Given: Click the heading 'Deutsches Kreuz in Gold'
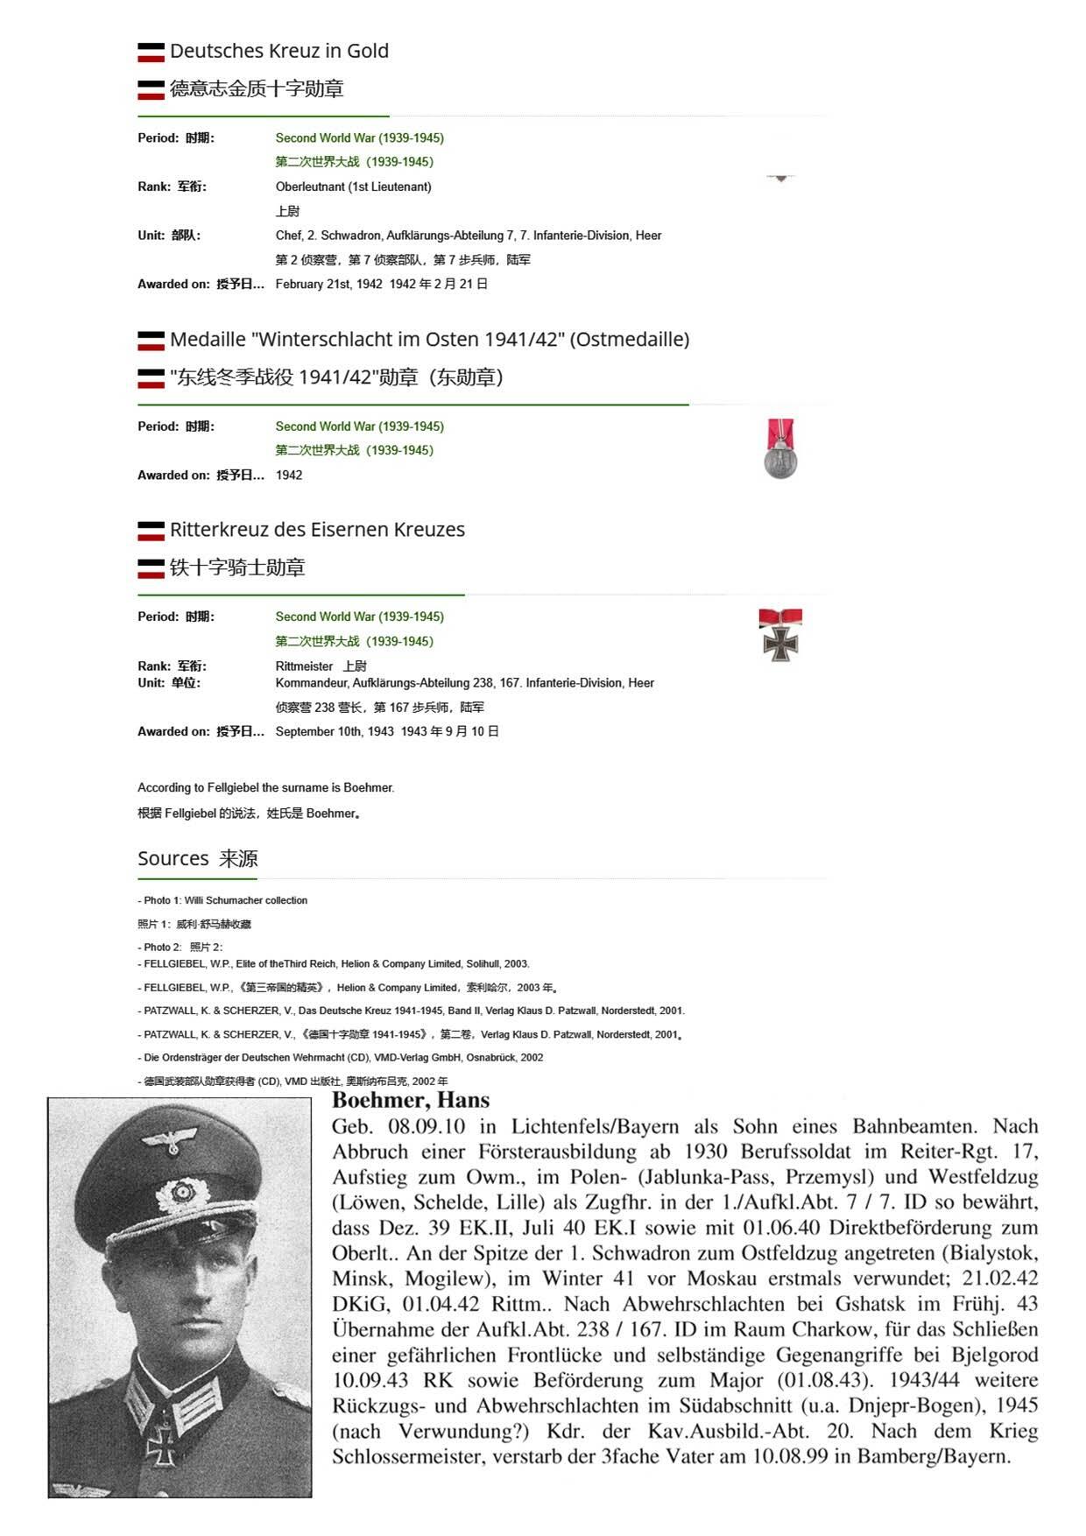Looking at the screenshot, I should pos(279,51).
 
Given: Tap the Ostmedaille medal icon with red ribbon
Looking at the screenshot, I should pos(779,449).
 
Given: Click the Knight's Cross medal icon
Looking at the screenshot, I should pos(779,635).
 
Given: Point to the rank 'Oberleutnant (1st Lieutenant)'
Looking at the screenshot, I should pos(353,187).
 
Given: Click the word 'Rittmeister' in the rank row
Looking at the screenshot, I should pos(304,666).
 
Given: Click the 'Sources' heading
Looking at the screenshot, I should pos(173,858).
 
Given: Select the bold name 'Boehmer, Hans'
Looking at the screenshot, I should pos(411,1101).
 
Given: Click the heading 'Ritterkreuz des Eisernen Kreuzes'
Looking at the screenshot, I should pos(317,530).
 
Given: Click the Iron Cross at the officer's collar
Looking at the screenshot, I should pos(160,1441).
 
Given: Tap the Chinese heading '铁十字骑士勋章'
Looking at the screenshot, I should pos(237,567).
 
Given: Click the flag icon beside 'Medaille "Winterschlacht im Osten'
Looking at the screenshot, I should pos(151,340).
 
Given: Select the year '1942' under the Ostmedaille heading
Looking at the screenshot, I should pos(289,475).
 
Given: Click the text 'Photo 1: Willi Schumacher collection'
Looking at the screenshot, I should pos(225,900).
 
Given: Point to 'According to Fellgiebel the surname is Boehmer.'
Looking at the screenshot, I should pos(266,787).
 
